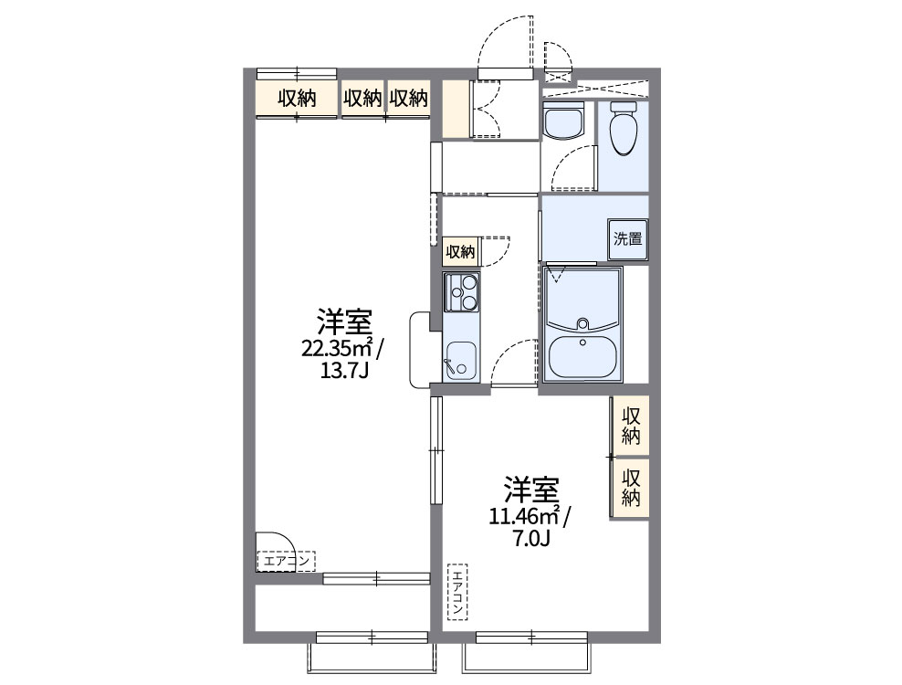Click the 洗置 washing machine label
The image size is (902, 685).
click(628, 240)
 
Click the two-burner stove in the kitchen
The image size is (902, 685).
click(461, 293)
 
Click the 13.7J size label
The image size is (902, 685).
click(345, 371)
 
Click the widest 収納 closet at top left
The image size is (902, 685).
click(297, 99)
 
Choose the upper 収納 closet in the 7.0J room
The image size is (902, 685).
click(631, 425)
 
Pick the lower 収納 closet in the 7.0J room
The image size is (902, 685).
click(631, 487)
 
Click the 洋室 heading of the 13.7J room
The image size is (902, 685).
click(344, 322)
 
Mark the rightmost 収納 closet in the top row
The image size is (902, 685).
click(408, 99)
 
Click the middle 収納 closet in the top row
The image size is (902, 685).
click(362, 99)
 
